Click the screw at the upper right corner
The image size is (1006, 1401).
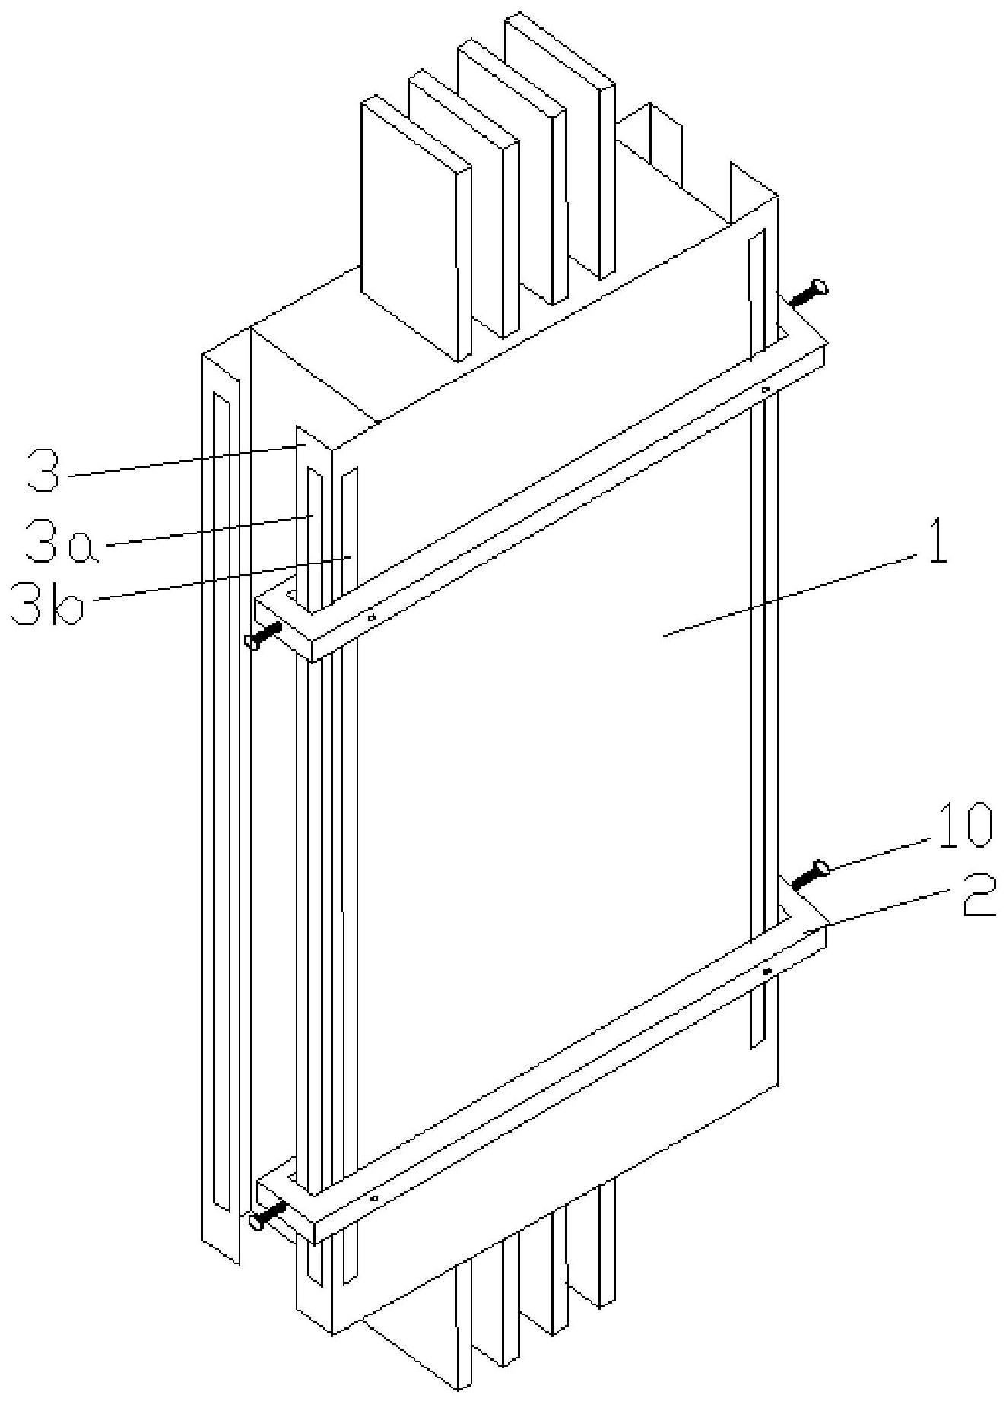[809, 293]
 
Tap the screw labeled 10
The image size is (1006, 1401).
[808, 874]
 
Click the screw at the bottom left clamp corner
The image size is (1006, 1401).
[266, 1214]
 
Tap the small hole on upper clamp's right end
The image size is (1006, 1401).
[766, 390]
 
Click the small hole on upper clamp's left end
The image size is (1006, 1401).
[372, 617]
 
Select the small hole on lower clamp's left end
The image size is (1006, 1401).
[374, 1199]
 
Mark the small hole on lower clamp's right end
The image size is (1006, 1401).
[767, 972]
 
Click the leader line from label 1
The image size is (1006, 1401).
[791, 594]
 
